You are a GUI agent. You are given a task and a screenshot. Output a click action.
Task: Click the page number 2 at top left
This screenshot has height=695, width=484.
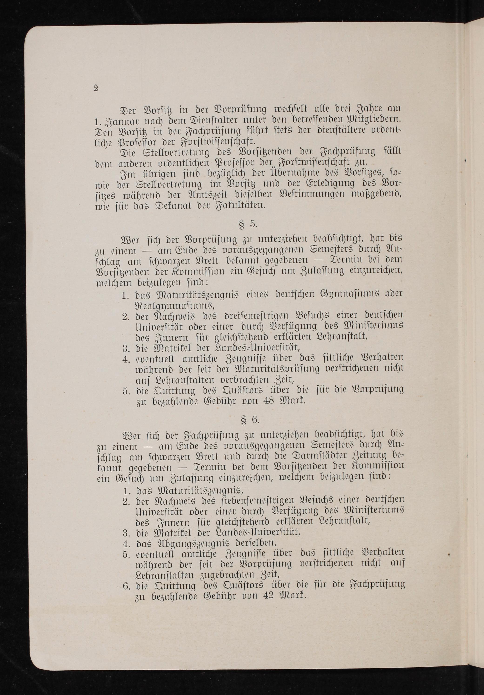coord(96,89)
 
